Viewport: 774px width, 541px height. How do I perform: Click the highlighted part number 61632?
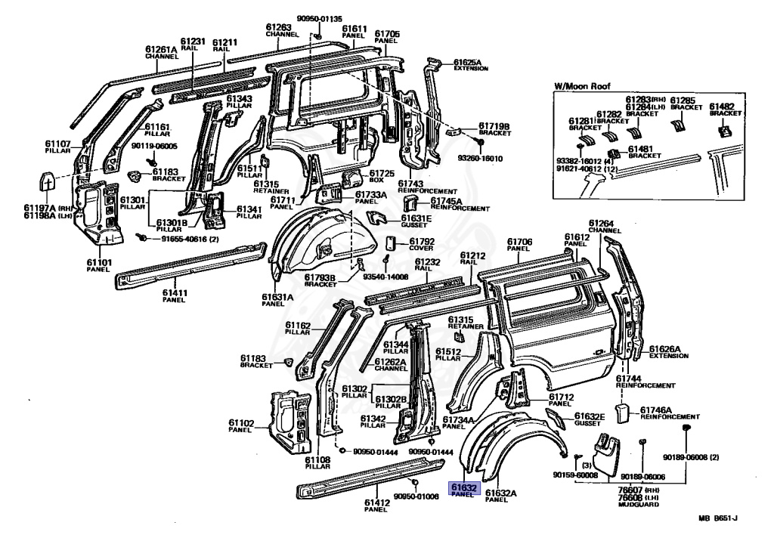click(464, 488)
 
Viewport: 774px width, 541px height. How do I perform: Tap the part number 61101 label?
click(98, 262)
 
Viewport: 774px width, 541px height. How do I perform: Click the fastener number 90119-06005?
click(153, 146)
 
